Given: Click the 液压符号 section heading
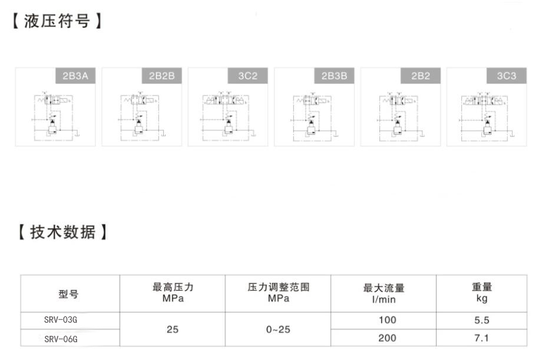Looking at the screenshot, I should pyautogui.click(x=57, y=22).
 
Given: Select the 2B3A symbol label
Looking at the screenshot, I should pyautogui.click(x=75, y=76).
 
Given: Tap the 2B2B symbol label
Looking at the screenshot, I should pyautogui.click(x=162, y=76).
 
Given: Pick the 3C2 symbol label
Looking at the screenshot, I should pyautogui.click(x=248, y=76).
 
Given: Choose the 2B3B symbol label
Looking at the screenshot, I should pyautogui.click(x=334, y=76).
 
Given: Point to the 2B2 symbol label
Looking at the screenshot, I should pyautogui.click(x=421, y=76).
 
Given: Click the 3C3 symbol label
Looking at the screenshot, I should pyautogui.click(x=507, y=76).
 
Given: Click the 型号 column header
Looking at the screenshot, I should pyautogui.click(x=69, y=293).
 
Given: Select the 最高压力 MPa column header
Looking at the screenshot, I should pyautogui.click(x=173, y=293).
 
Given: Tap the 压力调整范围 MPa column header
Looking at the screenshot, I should pyautogui.click(x=279, y=293).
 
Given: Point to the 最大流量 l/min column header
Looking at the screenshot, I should pyautogui.click(x=383, y=293).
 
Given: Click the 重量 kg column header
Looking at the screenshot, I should pyautogui.click(x=482, y=293).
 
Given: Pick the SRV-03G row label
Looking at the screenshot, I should pyautogui.click(x=61, y=321).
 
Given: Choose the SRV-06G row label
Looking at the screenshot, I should pyautogui.click(x=61, y=339).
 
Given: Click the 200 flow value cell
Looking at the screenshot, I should pyautogui.click(x=388, y=338).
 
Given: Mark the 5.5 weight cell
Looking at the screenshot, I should pyautogui.click(x=482, y=321).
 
